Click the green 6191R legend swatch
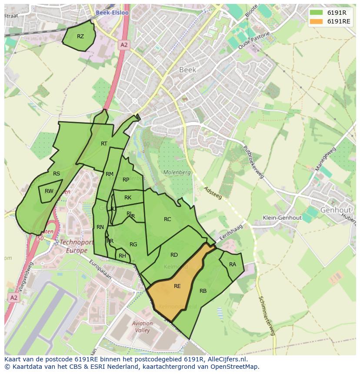pyautogui.click(x=316, y=13)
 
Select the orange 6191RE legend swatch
pyautogui.click(x=316, y=21)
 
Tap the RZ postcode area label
pyautogui.click(x=80, y=36)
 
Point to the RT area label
pyautogui.click(x=104, y=144)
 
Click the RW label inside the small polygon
pyautogui.click(x=49, y=191)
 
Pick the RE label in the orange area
pyautogui.click(x=177, y=286)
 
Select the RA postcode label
pyautogui.click(x=233, y=265)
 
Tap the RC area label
pyautogui.click(x=167, y=219)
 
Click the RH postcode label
pyautogui.click(x=122, y=256)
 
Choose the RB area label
pyautogui.click(x=203, y=291)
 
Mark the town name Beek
pyautogui.click(x=188, y=70)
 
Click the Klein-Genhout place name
pyautogui.click(x=282, y=218)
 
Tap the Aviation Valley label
pyautogui.click(x=142, y=327)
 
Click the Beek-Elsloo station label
pyautogui.click(x=113, y=13)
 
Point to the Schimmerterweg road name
pyautogui.click(x=267, y=316)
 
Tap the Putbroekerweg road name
pyautogui.click(x=253, y=162)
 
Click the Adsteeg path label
pyautogui.click(x=213, y=193)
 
